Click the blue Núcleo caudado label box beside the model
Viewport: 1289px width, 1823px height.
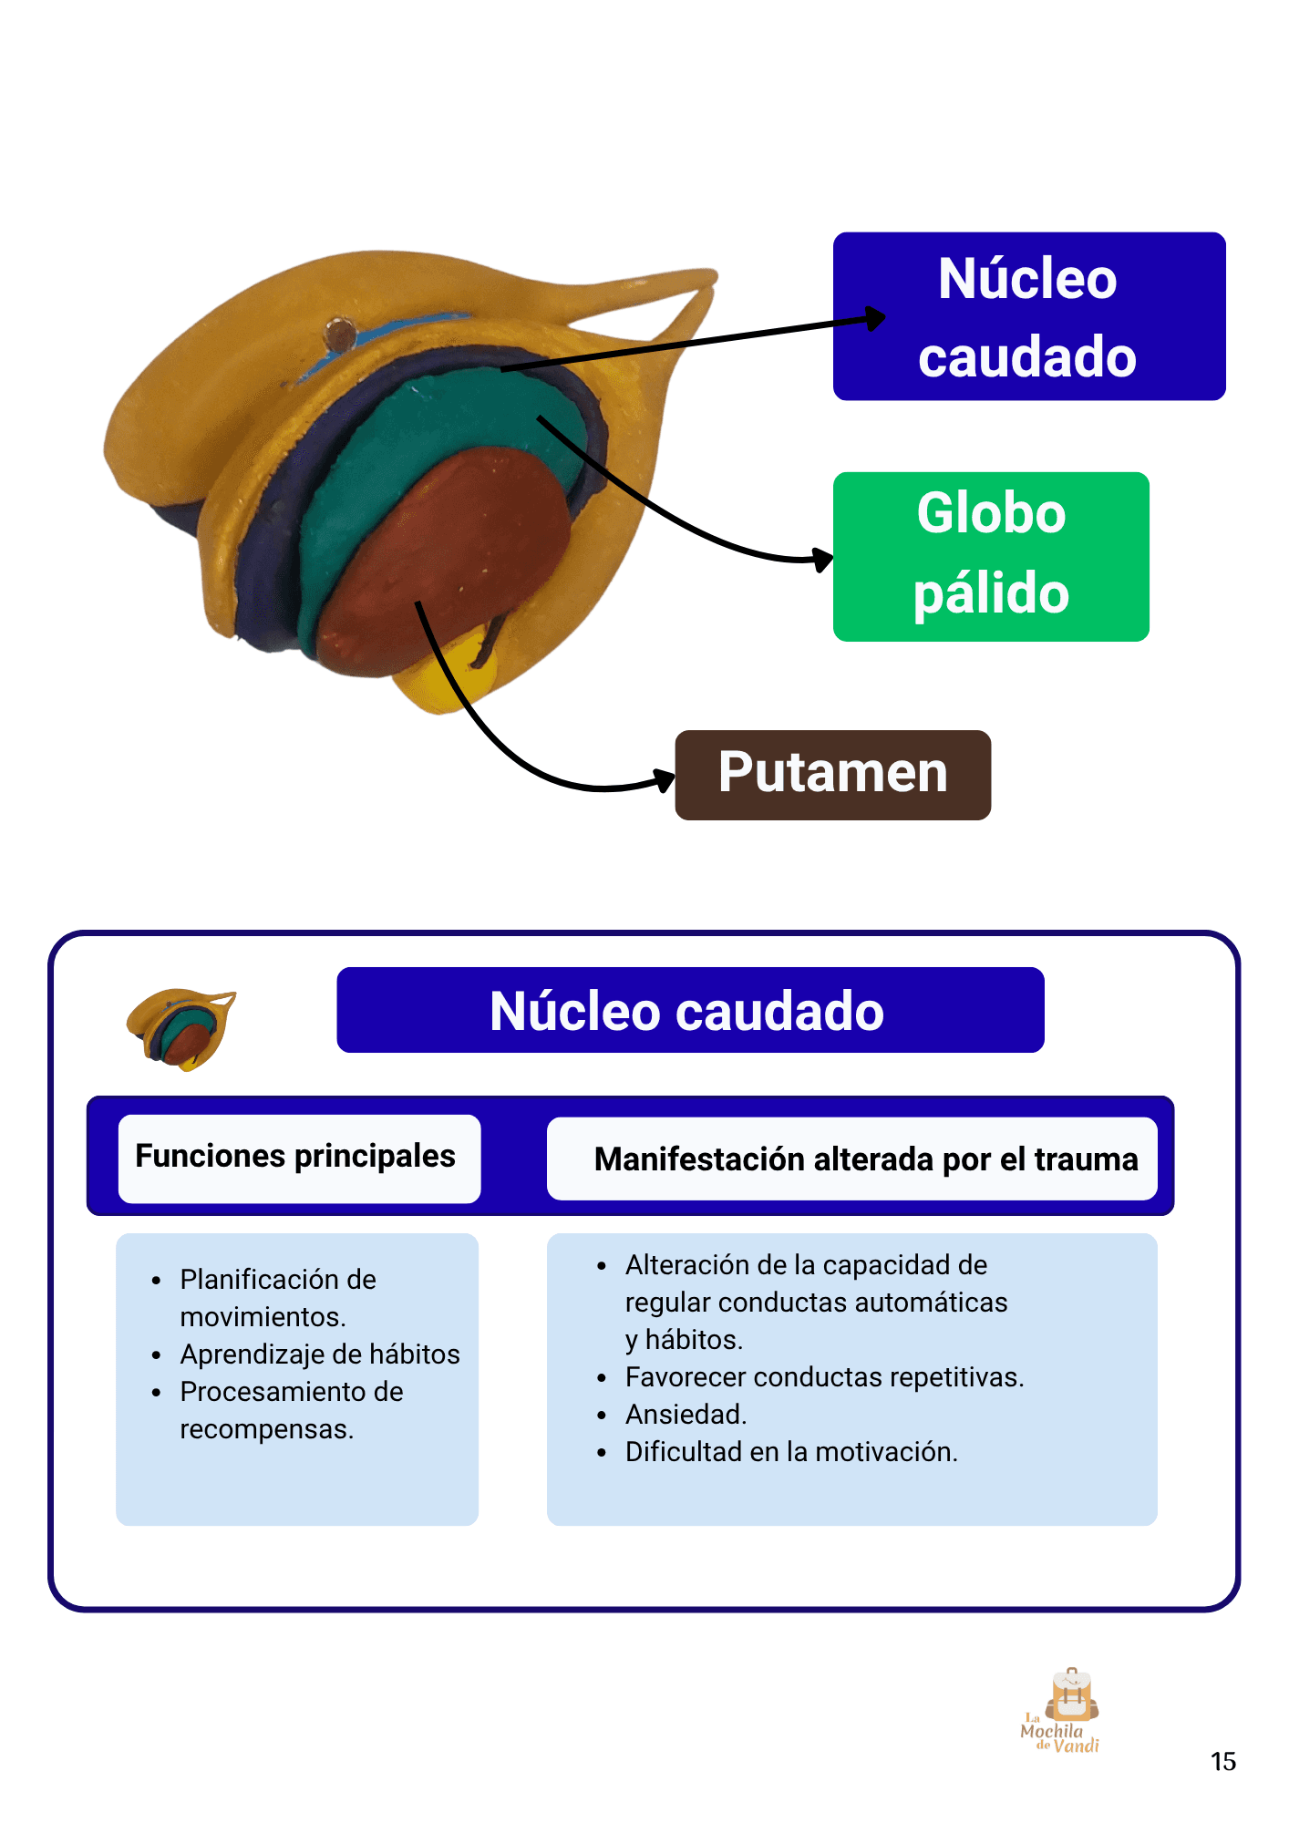pyautogui.click(x=1028, y=316)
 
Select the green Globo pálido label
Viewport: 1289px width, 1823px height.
pyautogui.click(x=991, y=556)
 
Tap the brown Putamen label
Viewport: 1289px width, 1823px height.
pyautogui.click(x=832, y=775)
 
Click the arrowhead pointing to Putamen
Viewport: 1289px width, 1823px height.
pyautogui.click(x=664, y=780)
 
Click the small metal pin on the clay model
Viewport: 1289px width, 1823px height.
pyautogui.click(x=339, y=334)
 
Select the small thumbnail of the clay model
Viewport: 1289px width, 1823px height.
pyautogui.click(x=181, y=1028)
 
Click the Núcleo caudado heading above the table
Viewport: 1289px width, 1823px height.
pyautogui.click(x=690, y=1010)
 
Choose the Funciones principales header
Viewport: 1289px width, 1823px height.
pyautogui.click(x=295, y=1156)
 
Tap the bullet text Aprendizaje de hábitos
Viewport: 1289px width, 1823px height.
pyautogui.click(x=320, y=1354)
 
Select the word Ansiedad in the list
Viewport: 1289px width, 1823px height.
pyautogui.click(x=686, y=1415)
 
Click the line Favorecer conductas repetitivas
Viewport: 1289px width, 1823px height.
pyautogui.click(x=824, y=1377)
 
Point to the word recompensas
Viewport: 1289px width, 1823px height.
pyautogui.click(x=266, y=1429)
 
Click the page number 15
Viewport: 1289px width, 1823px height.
pyautogui.click(x=1222, y=1761)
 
